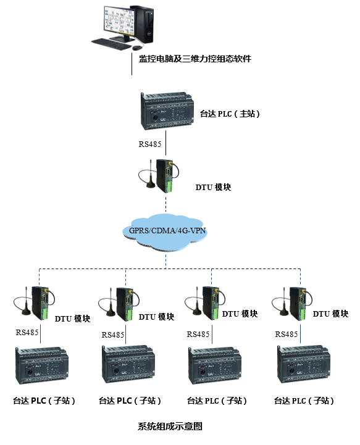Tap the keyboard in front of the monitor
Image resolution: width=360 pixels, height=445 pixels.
tap(111, 43)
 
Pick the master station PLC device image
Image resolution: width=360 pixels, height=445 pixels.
tap(166, 110)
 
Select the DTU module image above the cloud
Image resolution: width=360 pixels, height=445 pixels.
tap(162, 177)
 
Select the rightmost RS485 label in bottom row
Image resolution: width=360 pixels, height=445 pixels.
tap(287, 334)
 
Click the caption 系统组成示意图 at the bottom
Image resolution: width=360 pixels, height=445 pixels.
tap(170, 426)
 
